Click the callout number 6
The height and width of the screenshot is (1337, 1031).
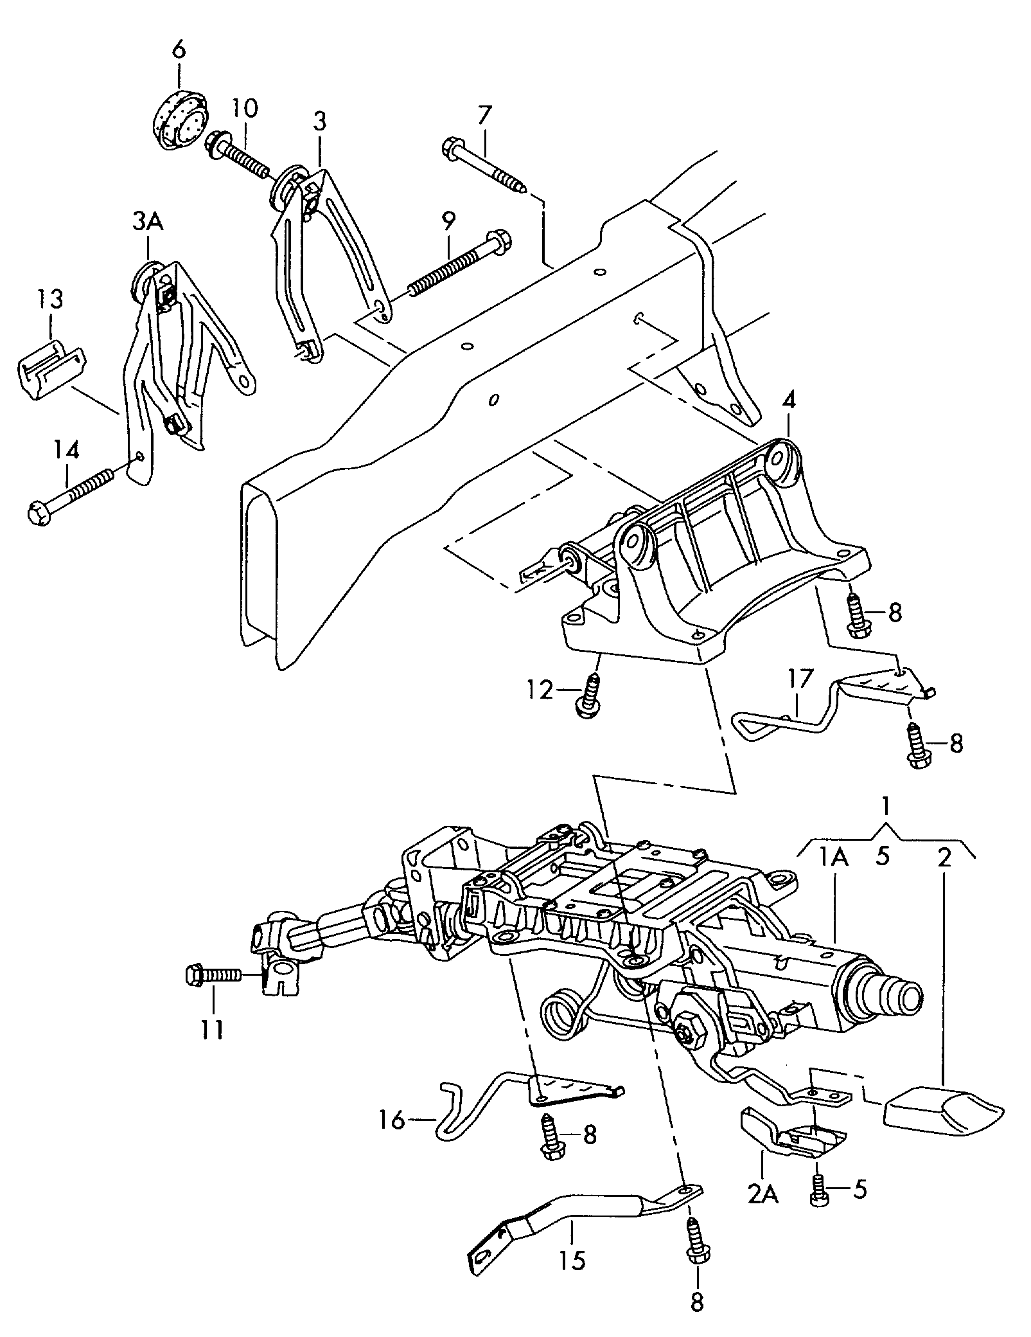pyautogui.click(x=179, y=49)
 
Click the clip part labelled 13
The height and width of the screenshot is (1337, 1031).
pyautogui.click(x=50, y=370)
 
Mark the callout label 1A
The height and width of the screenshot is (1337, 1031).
pyautogui.click(x=833, y=857)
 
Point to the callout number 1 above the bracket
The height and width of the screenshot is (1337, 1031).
pyautogui.click(x=885, y=805)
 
